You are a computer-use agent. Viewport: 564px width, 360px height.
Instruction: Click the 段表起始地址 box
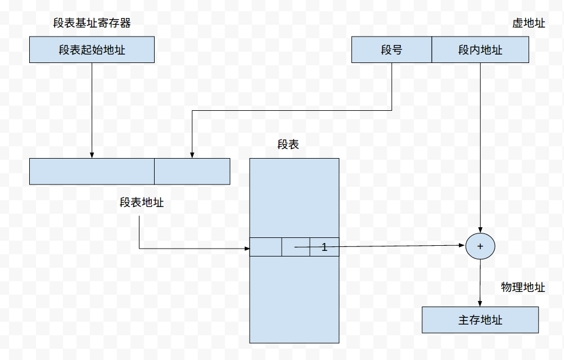(x=92, y=50)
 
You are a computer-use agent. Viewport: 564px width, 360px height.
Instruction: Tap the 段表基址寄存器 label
(x=92, y=23)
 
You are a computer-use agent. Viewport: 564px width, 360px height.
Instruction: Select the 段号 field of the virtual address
(x=391, y=50)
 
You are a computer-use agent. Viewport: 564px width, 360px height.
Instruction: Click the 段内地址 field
(x=480, y=50)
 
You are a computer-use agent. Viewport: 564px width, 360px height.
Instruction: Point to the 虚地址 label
(x=529, y=24)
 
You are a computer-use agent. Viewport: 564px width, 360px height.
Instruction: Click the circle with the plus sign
(x=480, y=246)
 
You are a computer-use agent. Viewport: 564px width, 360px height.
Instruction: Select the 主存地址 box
(x=480, y=320)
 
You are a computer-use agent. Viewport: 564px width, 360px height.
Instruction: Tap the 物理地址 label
(x=523, y=287)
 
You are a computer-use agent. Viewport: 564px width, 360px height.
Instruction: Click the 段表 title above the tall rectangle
(x=288, y=145)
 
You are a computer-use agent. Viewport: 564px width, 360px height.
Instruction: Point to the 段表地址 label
(x=142, y=202)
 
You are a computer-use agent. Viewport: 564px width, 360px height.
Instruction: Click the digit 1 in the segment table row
(x=324, y=247)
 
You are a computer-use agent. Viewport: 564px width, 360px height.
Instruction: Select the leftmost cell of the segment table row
(x=265, y=247)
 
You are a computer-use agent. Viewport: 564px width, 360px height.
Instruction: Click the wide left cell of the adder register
(x=92, y=172)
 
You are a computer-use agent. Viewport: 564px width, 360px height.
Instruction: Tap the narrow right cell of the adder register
(x=192, y=172)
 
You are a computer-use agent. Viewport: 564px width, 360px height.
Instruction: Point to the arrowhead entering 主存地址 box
(x=480, y=304)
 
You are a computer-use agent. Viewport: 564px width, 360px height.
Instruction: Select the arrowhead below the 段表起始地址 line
(x=92, y=155)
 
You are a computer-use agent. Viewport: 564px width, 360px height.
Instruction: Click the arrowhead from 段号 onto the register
(x=192, y=155)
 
